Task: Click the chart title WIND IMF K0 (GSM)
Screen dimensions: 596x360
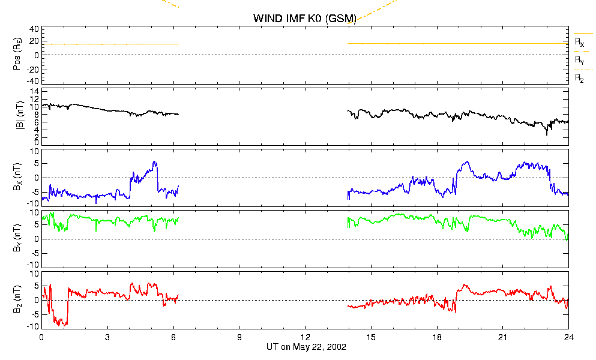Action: pyautogui.click(x=305, y=18)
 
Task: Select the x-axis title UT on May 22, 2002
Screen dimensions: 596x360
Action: pyautogui.click(x=306, y=347)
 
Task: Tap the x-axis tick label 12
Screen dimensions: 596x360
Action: pyautogui.click(x=306, y=337)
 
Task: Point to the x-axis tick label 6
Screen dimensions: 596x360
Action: pyautogui.click(x=173, y=337)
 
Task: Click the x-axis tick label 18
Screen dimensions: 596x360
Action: pyautogui.click(x=437, y=337)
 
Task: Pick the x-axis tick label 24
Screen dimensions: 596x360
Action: pyautogui.click(x=568, y=337)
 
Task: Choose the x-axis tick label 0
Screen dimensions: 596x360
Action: pyautogui.click(x=41, y=337)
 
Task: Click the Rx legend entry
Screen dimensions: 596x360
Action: pyautogui.click(x=579, y=42)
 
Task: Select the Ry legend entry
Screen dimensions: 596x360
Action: pyautogui.click(x=579, y=60)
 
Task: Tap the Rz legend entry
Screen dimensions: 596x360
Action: pyautogui.click(x=579, y=79)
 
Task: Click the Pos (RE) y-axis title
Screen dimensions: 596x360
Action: pyautogui.click(x=17, y=54)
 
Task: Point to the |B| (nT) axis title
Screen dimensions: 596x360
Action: pyautogui.click(x=20, y=115)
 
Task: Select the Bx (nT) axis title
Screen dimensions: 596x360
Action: pyautogui.click(x=17, y=177)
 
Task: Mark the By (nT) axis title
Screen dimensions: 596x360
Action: pyautogui.click(x=17, y=238)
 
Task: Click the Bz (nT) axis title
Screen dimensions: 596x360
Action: pyautogui.click(x=17, y=299)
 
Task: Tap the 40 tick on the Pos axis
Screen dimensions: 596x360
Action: pyautogui.click(x=34, y=29)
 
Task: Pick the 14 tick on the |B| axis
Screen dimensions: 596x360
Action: pyautogui.click(x=34, y=92)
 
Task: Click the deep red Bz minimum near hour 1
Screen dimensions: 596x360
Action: pyautogui.click(x=65, y=325)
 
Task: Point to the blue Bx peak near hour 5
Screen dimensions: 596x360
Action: pyautogui.click(x=154, y=161)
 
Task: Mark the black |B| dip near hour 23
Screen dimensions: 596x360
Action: pyautogui.click(x=547, y=134)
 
